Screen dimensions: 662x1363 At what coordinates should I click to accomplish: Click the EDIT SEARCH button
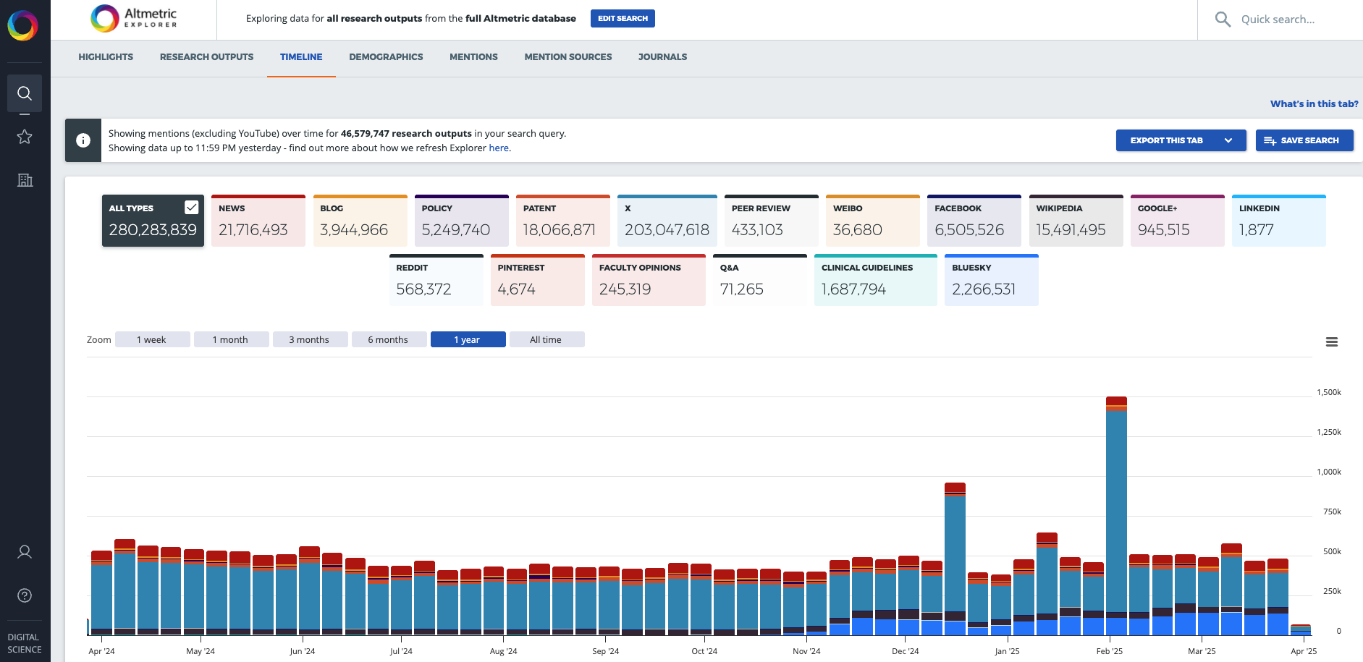click(x=623, y=18)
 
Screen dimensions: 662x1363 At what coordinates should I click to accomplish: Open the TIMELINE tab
click(x=301, y=56)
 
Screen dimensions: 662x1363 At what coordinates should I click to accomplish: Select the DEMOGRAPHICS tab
click(x=386, y=56)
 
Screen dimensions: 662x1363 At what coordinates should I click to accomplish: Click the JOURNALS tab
click(x=662, y=56)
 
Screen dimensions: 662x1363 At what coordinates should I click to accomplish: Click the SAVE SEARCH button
click(x=1304, y=140)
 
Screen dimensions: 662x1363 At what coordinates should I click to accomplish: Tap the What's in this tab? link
click(x=1314, y=103)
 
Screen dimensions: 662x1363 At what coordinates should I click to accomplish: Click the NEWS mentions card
click(x=258, y=221)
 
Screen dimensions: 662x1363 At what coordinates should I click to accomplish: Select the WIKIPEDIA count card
click(x=1076, y=221)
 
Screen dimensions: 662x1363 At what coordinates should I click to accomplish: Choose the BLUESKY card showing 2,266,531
click(x=991, y=280)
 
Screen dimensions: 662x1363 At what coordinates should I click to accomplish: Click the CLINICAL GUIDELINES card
click(x=875, y=280)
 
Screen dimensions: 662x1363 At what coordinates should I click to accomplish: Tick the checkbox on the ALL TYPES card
click(x=191, y=208)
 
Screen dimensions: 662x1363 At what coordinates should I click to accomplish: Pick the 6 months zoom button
click(x=388, y=339)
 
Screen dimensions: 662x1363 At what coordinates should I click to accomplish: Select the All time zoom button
click(x=546, y=339)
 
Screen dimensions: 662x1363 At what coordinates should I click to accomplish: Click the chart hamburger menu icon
click(x=1331, y=342)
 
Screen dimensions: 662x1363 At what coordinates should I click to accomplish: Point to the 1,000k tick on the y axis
click(x=1328, y=472)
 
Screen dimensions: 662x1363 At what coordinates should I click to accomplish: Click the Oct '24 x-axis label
click(x=704, y=651)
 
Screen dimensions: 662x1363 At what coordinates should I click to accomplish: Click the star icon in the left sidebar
click(x=25, y=137)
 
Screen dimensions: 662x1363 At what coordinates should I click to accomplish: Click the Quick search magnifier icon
click(x=1223, y=20)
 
